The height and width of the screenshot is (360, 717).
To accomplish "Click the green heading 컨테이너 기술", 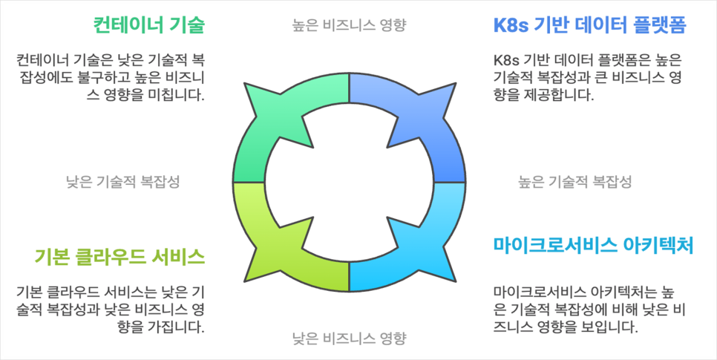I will click(148, 25).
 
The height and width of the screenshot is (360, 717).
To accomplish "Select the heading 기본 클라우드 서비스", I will click(119, 257).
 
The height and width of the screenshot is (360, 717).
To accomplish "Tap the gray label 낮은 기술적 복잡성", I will click(122, 181).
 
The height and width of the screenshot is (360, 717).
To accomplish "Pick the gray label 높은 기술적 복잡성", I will click(574, 181).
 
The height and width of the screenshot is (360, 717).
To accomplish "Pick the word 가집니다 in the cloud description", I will click(170, 327).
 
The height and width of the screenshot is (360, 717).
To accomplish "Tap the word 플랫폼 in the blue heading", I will click(659, 26).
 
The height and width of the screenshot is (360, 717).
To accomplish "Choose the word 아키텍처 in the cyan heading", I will click(658, 245).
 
